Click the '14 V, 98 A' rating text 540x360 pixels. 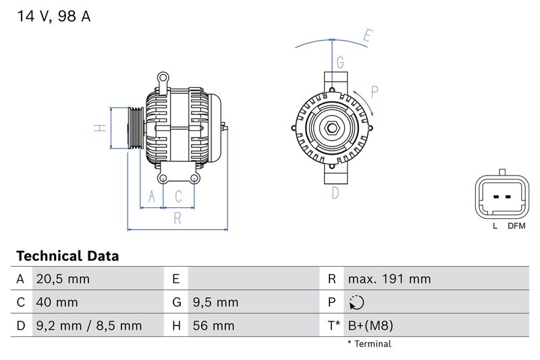[53, 17]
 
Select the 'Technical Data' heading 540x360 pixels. [67, 256]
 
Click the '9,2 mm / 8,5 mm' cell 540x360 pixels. [88, 326]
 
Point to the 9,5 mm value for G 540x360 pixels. [215, 302]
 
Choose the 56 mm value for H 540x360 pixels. [213, 326]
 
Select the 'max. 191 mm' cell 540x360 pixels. [389, 279]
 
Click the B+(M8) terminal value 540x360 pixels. [370, 326]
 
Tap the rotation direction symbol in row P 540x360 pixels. [357, 302]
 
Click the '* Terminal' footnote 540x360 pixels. [369, 344]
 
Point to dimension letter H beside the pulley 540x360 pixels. [99, 128]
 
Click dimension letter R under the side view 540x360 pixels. [177, 217]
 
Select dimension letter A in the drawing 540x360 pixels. [152, 197]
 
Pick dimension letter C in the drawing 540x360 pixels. [179, 197]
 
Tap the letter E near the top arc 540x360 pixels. [367, 36]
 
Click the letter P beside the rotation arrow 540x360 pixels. [375, 92]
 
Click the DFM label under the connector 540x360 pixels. [516, 226]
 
